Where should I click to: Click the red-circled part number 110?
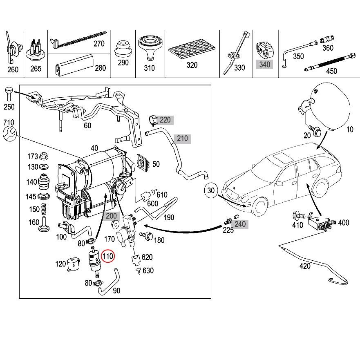108,256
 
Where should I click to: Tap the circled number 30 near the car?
211,190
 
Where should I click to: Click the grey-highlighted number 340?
264,64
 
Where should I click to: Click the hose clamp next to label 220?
152,119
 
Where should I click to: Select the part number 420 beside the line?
305,266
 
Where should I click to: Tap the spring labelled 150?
44,209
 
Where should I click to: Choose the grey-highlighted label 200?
111,216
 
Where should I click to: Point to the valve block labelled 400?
320,223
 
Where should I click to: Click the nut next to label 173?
44,157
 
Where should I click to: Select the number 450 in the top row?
331,71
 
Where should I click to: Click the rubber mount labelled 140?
44,182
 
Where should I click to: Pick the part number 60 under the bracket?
87,125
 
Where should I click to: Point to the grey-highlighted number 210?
182,139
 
